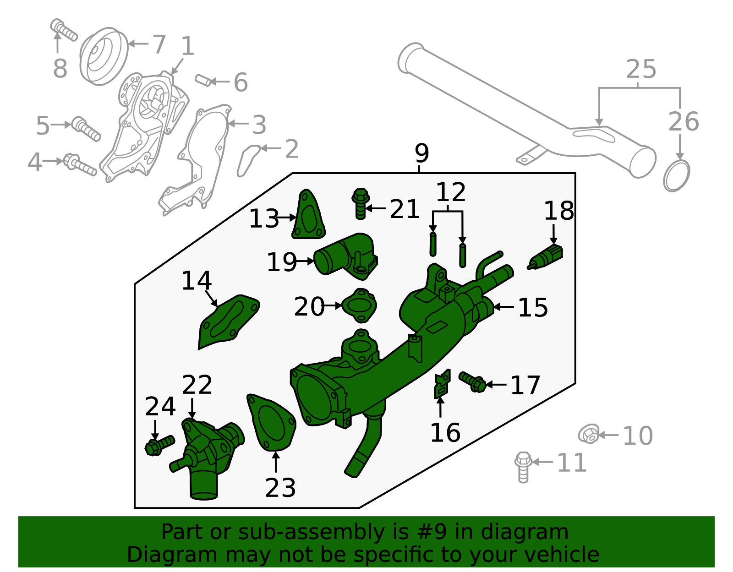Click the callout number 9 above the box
421,153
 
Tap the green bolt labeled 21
361,204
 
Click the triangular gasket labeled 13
308,217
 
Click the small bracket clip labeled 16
442,384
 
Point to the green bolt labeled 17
473,382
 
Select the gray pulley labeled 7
104,56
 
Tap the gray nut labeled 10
589,434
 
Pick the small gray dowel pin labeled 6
203,80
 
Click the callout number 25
640,70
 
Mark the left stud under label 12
432,244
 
